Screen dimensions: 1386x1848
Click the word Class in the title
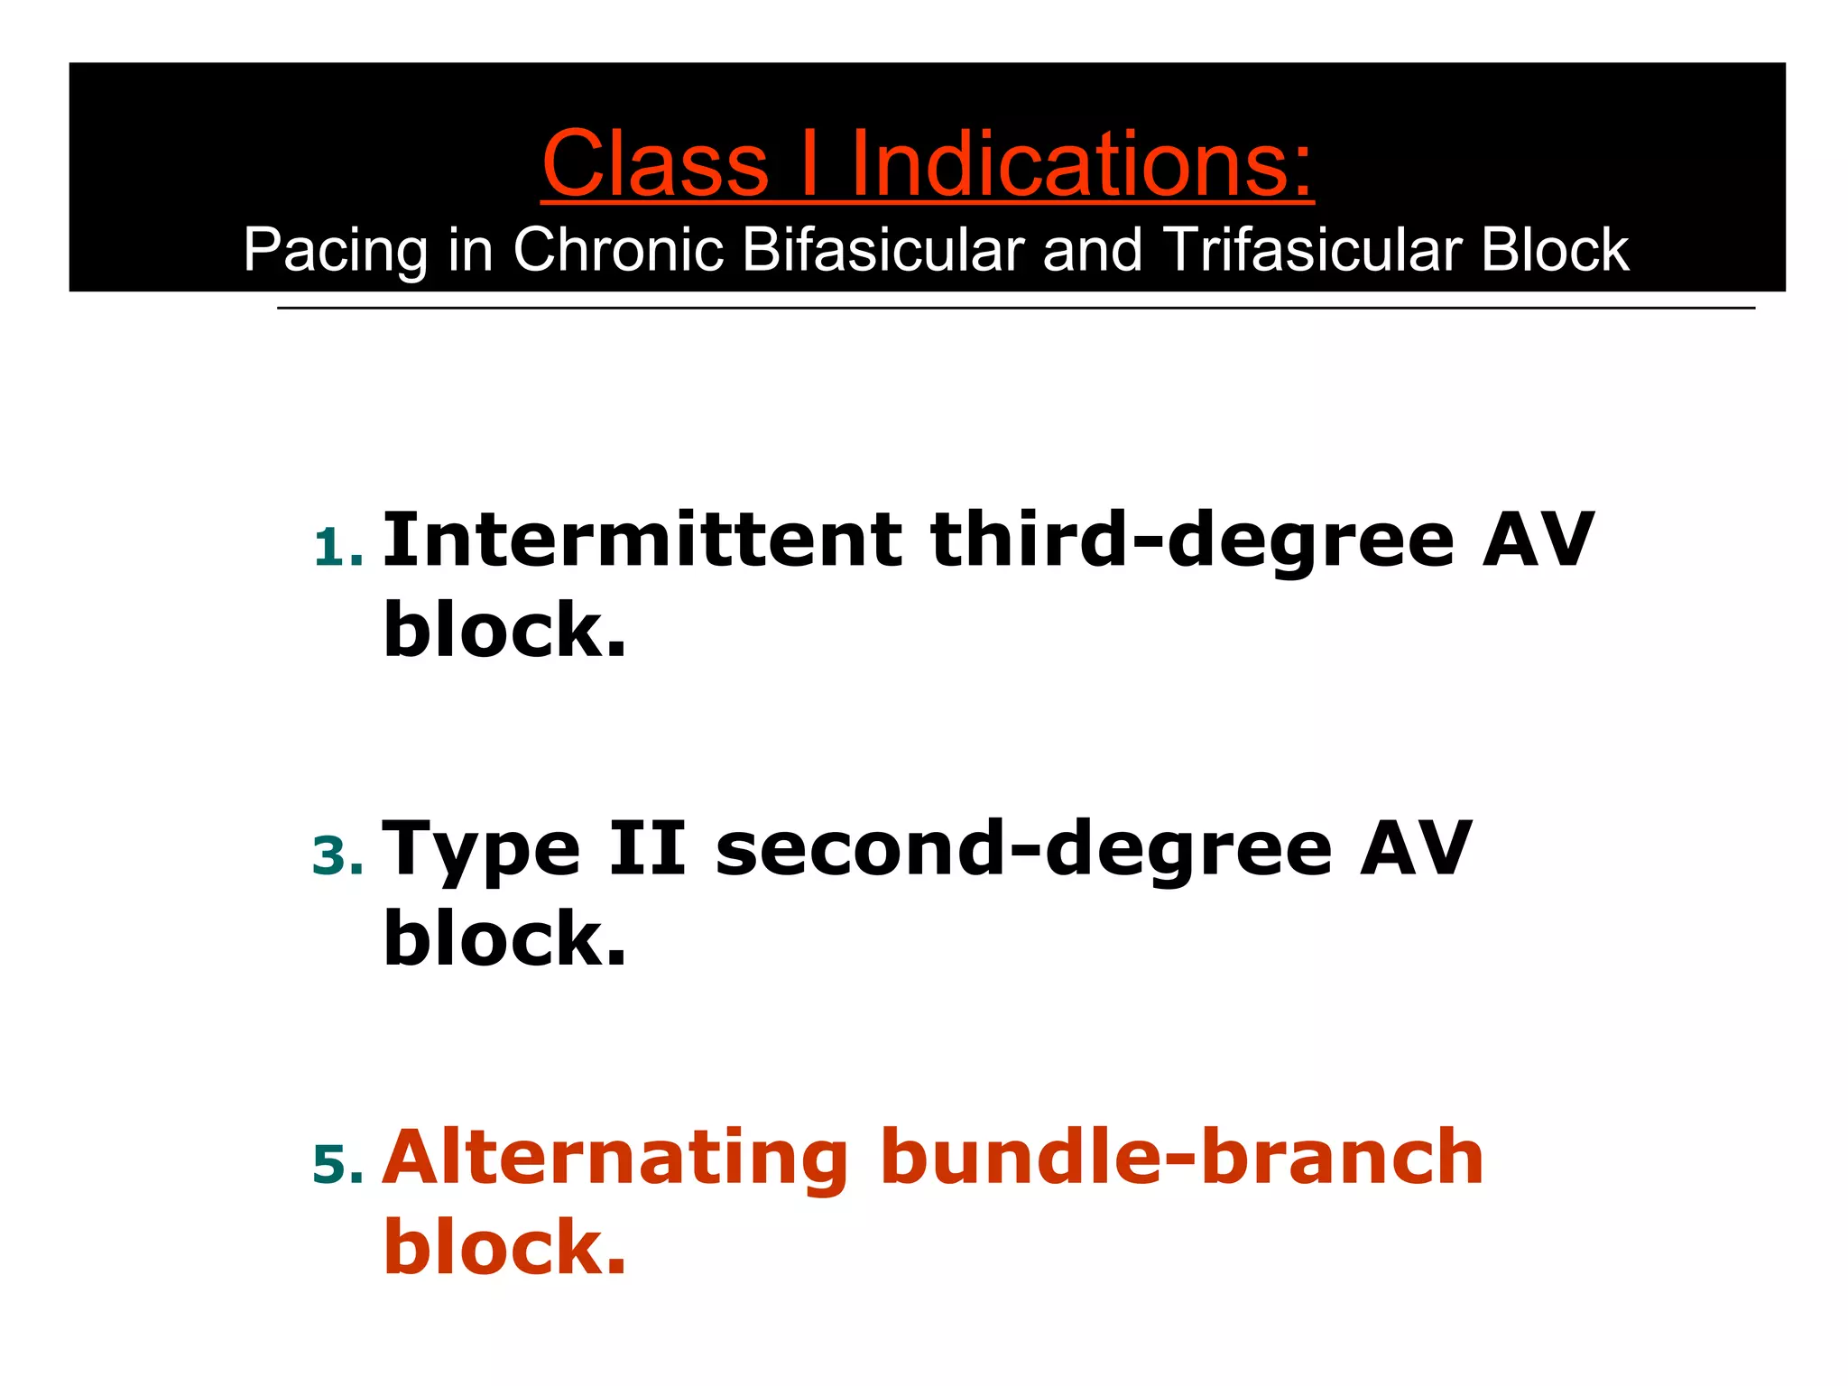(x=655, y=164)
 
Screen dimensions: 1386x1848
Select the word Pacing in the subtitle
(x=335, y=251)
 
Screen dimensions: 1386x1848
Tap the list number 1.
(x=337, y=549)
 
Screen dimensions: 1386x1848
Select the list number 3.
(x=337, y=856)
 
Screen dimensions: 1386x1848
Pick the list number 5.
(x=337, y=1165)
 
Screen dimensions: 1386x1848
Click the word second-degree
(x=1023, y=850)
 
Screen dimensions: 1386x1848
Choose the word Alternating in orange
(x=614, y=1159)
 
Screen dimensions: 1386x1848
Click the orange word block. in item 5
(x=504, y=1247)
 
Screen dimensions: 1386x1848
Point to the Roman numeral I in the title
(x=809, y=164)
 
